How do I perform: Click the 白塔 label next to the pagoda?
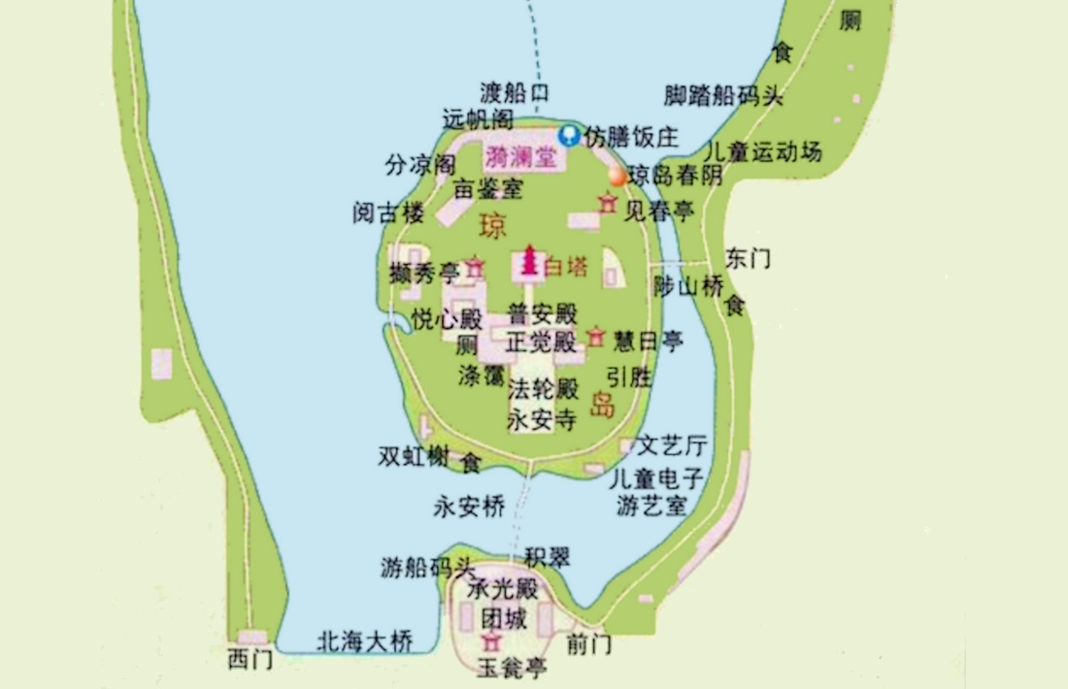click(566, 265)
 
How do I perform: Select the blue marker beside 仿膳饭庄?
click(571, 136)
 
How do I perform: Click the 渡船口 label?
click(515, 93)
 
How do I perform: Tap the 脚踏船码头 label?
click(723, 95)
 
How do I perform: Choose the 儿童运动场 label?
click(762, 152)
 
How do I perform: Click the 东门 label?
click(748, 258)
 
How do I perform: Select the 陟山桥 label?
click(688, 285)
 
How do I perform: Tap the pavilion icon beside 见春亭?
click(608, 204)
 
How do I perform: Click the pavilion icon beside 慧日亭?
click(596, 338)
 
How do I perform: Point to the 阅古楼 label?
click(388, 213)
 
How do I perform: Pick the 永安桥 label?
click(470, 506)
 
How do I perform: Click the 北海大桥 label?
click(365, 641)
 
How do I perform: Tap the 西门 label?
click(250, 660)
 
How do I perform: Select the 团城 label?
click(505, 618)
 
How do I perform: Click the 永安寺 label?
click(543, 420)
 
